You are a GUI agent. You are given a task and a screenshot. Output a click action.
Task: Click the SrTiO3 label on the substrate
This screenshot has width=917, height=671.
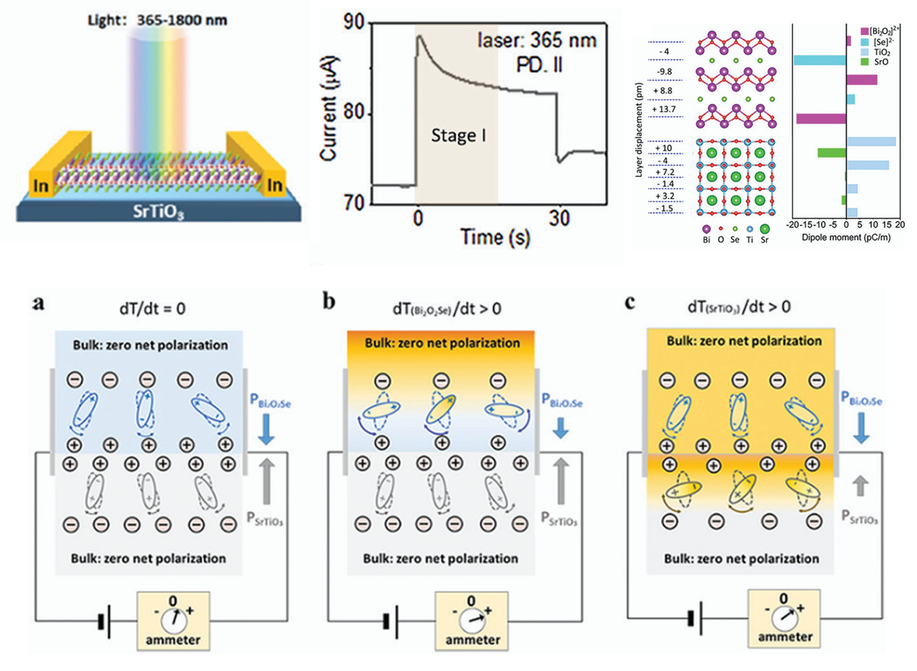159,212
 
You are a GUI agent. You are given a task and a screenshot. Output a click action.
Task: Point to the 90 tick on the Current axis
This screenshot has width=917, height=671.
354,22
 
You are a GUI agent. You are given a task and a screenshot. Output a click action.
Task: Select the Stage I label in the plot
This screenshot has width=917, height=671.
458,135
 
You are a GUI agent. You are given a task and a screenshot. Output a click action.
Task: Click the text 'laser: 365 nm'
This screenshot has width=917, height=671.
537,40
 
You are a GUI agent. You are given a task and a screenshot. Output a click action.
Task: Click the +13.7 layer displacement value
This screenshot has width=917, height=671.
664,109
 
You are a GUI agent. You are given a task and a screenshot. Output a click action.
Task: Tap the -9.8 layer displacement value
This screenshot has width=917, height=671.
664,71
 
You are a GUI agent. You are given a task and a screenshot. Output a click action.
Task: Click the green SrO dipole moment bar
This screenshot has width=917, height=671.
832,153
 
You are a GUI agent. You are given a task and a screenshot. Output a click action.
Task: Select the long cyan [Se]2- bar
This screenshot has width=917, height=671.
820,60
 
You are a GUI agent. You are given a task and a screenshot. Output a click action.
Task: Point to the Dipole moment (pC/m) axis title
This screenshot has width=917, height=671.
846,237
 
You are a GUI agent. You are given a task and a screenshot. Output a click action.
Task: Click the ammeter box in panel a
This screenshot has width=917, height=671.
173,621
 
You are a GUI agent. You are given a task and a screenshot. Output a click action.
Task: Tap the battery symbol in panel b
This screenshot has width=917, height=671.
391,621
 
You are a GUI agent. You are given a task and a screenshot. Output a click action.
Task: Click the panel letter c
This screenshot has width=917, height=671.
630,303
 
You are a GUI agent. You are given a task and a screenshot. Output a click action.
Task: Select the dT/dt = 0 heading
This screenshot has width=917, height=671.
152,309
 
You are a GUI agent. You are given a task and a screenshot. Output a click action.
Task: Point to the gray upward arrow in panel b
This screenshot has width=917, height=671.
560,481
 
